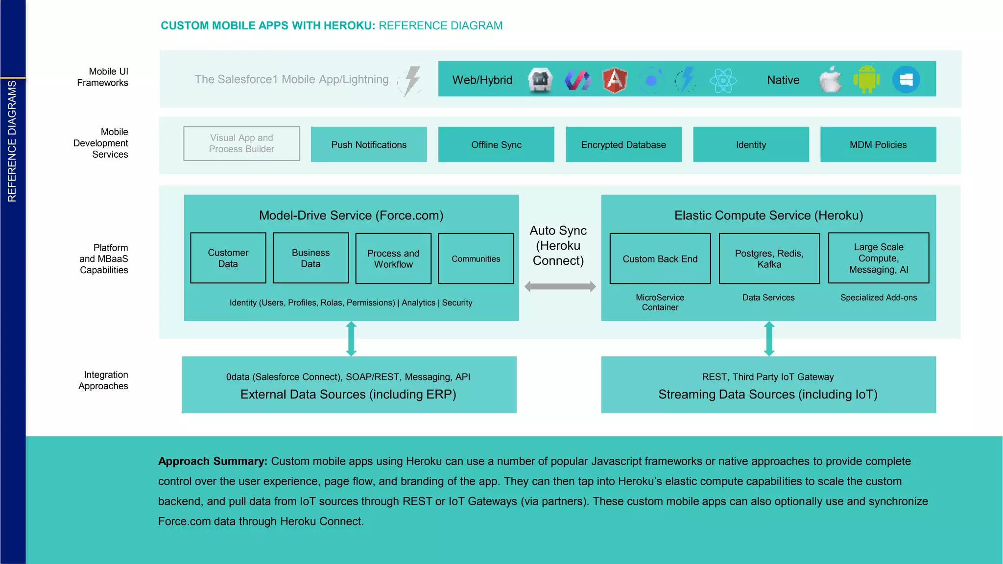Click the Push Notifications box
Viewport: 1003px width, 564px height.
pyautogui.click(x=368, y=144)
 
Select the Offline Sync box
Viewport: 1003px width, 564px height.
pyautogui.click(x=496, y=144)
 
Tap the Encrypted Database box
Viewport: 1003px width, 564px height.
pyautogui.click(x=623, y=144)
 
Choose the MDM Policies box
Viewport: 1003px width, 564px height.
pyautogui.click(x=878, y=144)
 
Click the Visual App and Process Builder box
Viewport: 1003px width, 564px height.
pyautogui.click(x=241, y=143)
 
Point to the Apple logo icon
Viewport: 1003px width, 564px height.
pyautogui.click(x=830, y=79)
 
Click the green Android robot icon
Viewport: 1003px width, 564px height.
pyautogui.click(x=866, y=79)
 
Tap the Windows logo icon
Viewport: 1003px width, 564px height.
pyautogui.click(x=906, y=79)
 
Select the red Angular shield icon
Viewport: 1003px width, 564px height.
pyautogui.click(x=615, y=80)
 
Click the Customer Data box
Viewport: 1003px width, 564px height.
pyautogui.click(x=228, y=258)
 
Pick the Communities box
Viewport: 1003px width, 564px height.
pyautogui.click(x=476, y=258)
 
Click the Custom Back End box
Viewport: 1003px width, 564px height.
pyautogui.click(x=660, y=258)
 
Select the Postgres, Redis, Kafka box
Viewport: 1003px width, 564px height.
pyautogui.click(x=769, y=258)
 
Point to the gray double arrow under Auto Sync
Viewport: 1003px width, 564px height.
pyautogui.click(x=560, y=286)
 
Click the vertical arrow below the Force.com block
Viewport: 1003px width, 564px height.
pyautogui.click(x=351, y=338)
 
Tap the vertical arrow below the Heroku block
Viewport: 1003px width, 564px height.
pyautogui.click(x=769, y=338)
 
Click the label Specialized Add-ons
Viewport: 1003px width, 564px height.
pyautogui.click(x=878, y=298)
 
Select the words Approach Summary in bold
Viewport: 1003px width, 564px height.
pyautogui.click(x=213, y=461)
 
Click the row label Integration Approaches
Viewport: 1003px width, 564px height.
pyautogui.click(x=104, y=380)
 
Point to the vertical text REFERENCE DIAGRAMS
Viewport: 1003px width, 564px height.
pyautogui.click(x=12, y=141)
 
